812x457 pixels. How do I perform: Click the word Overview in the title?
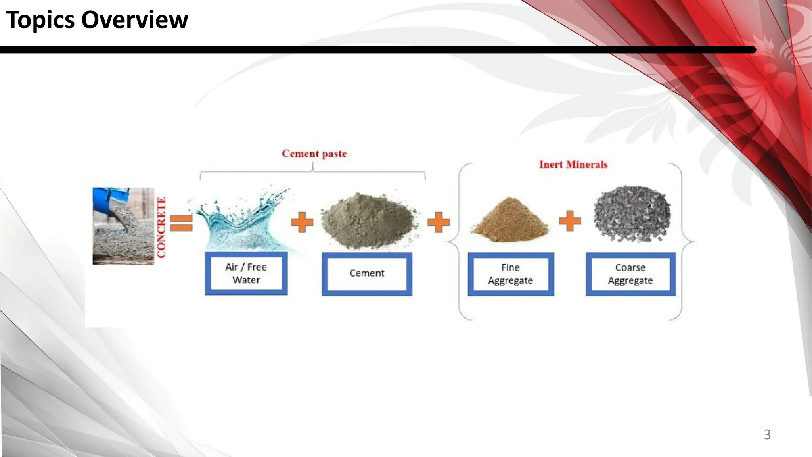134,20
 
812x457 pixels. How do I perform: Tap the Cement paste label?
314,154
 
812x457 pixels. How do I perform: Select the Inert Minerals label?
573,165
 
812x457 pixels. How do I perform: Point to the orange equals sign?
181,223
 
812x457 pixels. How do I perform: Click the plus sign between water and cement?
302,222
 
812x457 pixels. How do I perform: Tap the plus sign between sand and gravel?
569,221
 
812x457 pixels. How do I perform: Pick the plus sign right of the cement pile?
439,222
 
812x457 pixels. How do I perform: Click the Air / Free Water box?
246,273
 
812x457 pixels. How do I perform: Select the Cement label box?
367,274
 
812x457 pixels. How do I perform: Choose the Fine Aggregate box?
510,274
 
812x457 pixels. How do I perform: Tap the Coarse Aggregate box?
630,274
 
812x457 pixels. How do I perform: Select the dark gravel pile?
632,214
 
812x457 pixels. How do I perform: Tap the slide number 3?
767,435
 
